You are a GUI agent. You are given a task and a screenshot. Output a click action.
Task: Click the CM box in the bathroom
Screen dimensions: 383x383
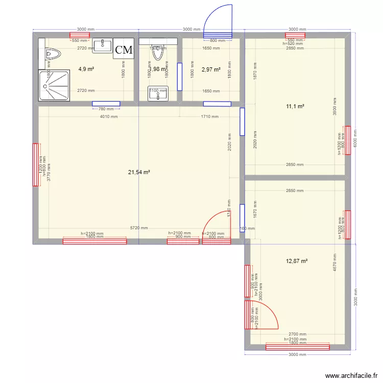pyautogui.click(x=124, y=50)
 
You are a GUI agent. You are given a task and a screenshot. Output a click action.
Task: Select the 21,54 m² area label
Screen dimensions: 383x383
pyautogui.click(x=139, y=173)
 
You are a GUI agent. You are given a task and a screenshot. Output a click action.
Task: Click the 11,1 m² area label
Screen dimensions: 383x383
pyautogui.click(x=295, y=106)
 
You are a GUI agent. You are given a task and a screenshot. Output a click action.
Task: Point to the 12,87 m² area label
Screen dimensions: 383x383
pyautogui.click(x=297, y=261)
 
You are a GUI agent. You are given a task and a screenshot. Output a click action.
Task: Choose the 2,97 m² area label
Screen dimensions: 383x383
pyautogui.click(x=211, y=69)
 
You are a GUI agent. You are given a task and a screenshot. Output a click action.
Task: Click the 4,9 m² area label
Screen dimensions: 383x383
pyautogui.click(x=86, y=68)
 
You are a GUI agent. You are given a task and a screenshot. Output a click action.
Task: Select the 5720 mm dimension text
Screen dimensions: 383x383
pyautogui.click(x=139, y=228)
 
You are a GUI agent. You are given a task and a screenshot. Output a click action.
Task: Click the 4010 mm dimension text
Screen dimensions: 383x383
pyautogui.click(x=109, y=116)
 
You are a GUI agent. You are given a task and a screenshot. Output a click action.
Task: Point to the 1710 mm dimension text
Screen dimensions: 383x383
pyautogui.click(x=210, y=116)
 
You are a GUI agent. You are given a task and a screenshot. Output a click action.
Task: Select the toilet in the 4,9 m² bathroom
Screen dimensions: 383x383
pyautogui.click(x=52, y=53)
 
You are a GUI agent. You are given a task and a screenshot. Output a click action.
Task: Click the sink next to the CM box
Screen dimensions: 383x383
pyautogui.click(x=103, y=45)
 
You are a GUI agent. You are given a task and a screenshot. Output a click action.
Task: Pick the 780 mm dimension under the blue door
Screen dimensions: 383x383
pyautogui.click(x=106, y=108)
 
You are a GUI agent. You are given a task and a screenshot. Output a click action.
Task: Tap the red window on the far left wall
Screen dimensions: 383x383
pyautogui.click(x=36, y=165)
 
